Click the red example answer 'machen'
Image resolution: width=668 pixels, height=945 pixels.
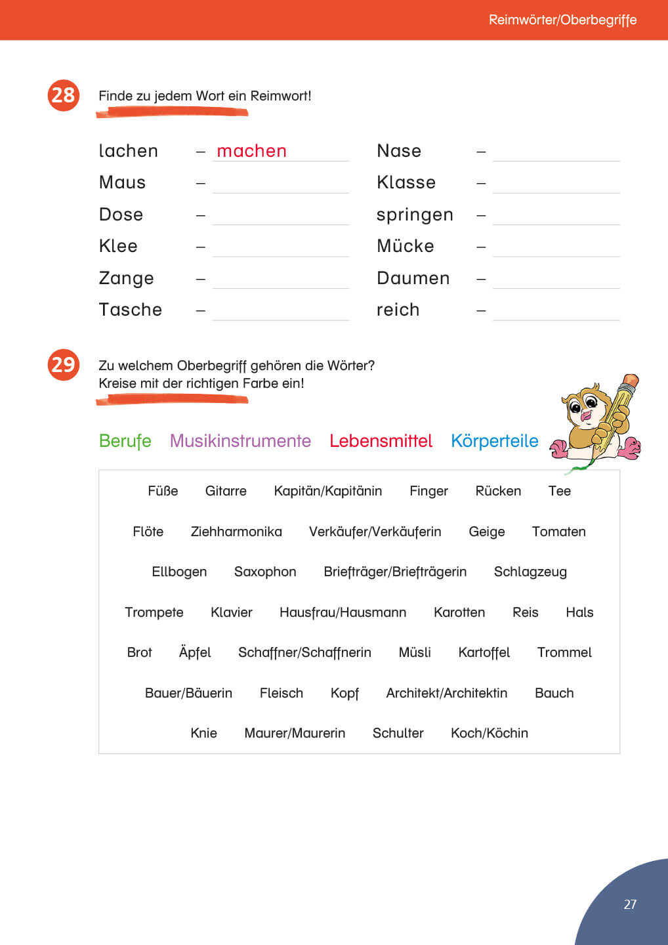point(251,151)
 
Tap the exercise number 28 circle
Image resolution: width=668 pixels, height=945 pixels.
point(63,95)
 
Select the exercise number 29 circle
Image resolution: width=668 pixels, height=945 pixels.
point(63,364)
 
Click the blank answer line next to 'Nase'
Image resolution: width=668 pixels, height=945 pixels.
point(556,154)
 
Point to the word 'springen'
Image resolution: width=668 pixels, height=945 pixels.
point(415,215)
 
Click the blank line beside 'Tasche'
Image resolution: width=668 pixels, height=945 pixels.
point(280,313)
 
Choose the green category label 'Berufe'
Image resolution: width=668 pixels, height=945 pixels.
point(125,441)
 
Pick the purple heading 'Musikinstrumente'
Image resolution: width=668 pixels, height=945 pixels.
point(240,441)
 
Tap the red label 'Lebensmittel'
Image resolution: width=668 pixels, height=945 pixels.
point(381,441)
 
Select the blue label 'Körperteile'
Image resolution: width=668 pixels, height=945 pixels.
point(494,441)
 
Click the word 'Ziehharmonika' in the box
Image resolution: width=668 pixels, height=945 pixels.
point(236,532)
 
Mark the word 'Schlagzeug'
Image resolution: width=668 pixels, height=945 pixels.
point(530,572)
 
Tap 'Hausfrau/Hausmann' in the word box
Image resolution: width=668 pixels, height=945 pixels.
point(343,612)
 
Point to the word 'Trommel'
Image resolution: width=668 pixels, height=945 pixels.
point(564,652)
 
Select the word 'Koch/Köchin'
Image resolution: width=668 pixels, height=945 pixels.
point(489,733)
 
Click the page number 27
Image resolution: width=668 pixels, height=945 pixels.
point(630,904)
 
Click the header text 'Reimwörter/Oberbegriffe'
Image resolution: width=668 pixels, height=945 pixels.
point(562,20)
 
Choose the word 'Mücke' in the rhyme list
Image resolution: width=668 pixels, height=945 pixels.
point(406,246)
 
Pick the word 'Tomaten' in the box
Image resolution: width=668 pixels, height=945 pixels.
point(558,532)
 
